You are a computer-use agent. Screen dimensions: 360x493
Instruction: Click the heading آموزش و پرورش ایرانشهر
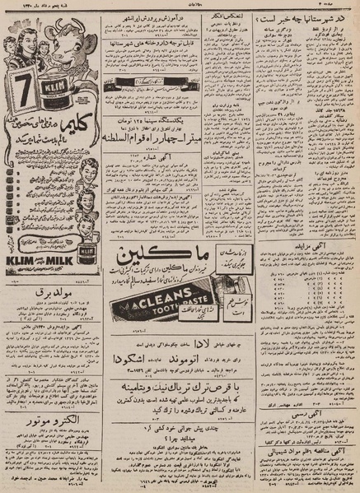(175, 16)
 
